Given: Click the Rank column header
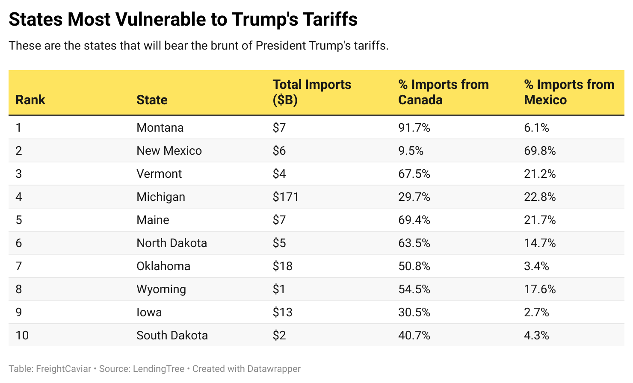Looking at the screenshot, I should point(30,100).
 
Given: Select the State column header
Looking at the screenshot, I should point(152,100).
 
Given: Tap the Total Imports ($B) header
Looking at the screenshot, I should point(312,92).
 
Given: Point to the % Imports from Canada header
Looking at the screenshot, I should point(443,92).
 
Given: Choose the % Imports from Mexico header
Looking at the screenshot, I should point(569,92).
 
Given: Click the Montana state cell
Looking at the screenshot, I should point(160,128).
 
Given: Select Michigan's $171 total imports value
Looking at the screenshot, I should point(286,197).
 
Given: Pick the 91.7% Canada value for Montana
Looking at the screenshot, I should point(414,128).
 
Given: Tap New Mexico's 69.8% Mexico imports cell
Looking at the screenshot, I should point(540,151).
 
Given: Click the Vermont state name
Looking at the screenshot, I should point(159,174).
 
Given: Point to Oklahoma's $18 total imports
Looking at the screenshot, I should point(283,266).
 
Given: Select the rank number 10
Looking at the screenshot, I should point(22,336).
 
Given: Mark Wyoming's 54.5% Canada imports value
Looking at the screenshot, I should point(414,289).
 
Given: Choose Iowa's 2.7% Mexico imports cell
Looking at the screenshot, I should point(536,312).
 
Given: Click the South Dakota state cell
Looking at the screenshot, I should point(172,336).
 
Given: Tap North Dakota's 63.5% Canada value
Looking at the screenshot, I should point(414,243).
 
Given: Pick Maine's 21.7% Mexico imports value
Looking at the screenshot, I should point(540,220).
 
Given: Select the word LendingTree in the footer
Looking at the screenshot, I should point(159,369).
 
